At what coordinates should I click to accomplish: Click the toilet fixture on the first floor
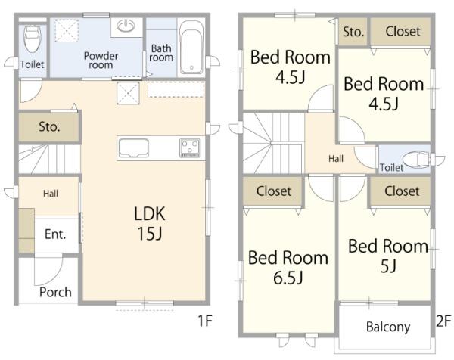[33, 39]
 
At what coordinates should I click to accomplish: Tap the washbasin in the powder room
[126, 26]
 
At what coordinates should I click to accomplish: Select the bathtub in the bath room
[191, 48]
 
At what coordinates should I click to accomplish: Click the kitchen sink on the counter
[134, 148]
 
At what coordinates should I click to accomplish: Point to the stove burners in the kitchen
[190, 148]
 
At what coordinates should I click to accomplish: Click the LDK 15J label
[149, 223]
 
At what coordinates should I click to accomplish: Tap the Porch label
[55, 292]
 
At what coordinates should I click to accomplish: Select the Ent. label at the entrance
[55, 234]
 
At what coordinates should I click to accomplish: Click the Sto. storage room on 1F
[49, 127]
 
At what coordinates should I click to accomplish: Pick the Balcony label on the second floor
[388, 327]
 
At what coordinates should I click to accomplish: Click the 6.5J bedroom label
[288, 268]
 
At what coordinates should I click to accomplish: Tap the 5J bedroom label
[388, 256]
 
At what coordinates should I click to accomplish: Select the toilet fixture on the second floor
[418, 160]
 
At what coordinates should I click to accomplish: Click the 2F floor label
[443, 321]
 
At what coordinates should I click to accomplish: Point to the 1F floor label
[205, 321]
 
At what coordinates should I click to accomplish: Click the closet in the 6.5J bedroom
[274, 191]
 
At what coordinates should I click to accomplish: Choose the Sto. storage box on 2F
[353, 32]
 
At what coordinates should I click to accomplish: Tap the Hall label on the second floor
[336, 159]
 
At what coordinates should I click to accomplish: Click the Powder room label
[101, 61]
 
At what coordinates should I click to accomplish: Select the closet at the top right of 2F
[401, 32]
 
